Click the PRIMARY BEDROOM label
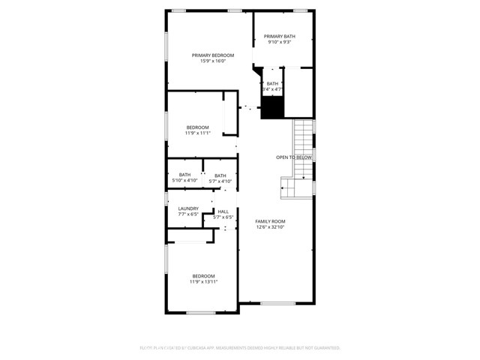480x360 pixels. click(x=212, y=55)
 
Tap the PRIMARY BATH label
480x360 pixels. click(x=279, y=36)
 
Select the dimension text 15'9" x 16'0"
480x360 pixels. click(x=212, y=61)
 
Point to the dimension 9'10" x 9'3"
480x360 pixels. click(x=279, y=42)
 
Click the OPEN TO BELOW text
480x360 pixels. click(x=293, y=157)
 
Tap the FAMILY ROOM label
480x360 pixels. click(x=270, y=221)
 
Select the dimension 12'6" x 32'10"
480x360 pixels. click(x=270, y=227)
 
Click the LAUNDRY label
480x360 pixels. click(x=188, y=208)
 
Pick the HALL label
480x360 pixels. click(x=223, y=211)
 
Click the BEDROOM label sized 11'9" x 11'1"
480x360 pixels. click(x=198, y=127)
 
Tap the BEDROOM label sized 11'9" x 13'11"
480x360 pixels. click(x=202, y=275)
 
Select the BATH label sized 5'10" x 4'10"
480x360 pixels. click(x=184, y=175)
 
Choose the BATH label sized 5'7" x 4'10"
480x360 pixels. click(x=220, y=175)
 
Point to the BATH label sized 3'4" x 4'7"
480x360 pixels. click(x=272, y=83)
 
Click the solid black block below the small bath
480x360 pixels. click(x=272, y=108)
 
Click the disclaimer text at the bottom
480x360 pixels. click(x=240, y=348)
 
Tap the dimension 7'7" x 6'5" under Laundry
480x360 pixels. click(x=188, y=214)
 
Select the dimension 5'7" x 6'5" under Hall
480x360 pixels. click(x=223, y=217)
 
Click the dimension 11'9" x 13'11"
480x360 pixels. click(x=202, y=281)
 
